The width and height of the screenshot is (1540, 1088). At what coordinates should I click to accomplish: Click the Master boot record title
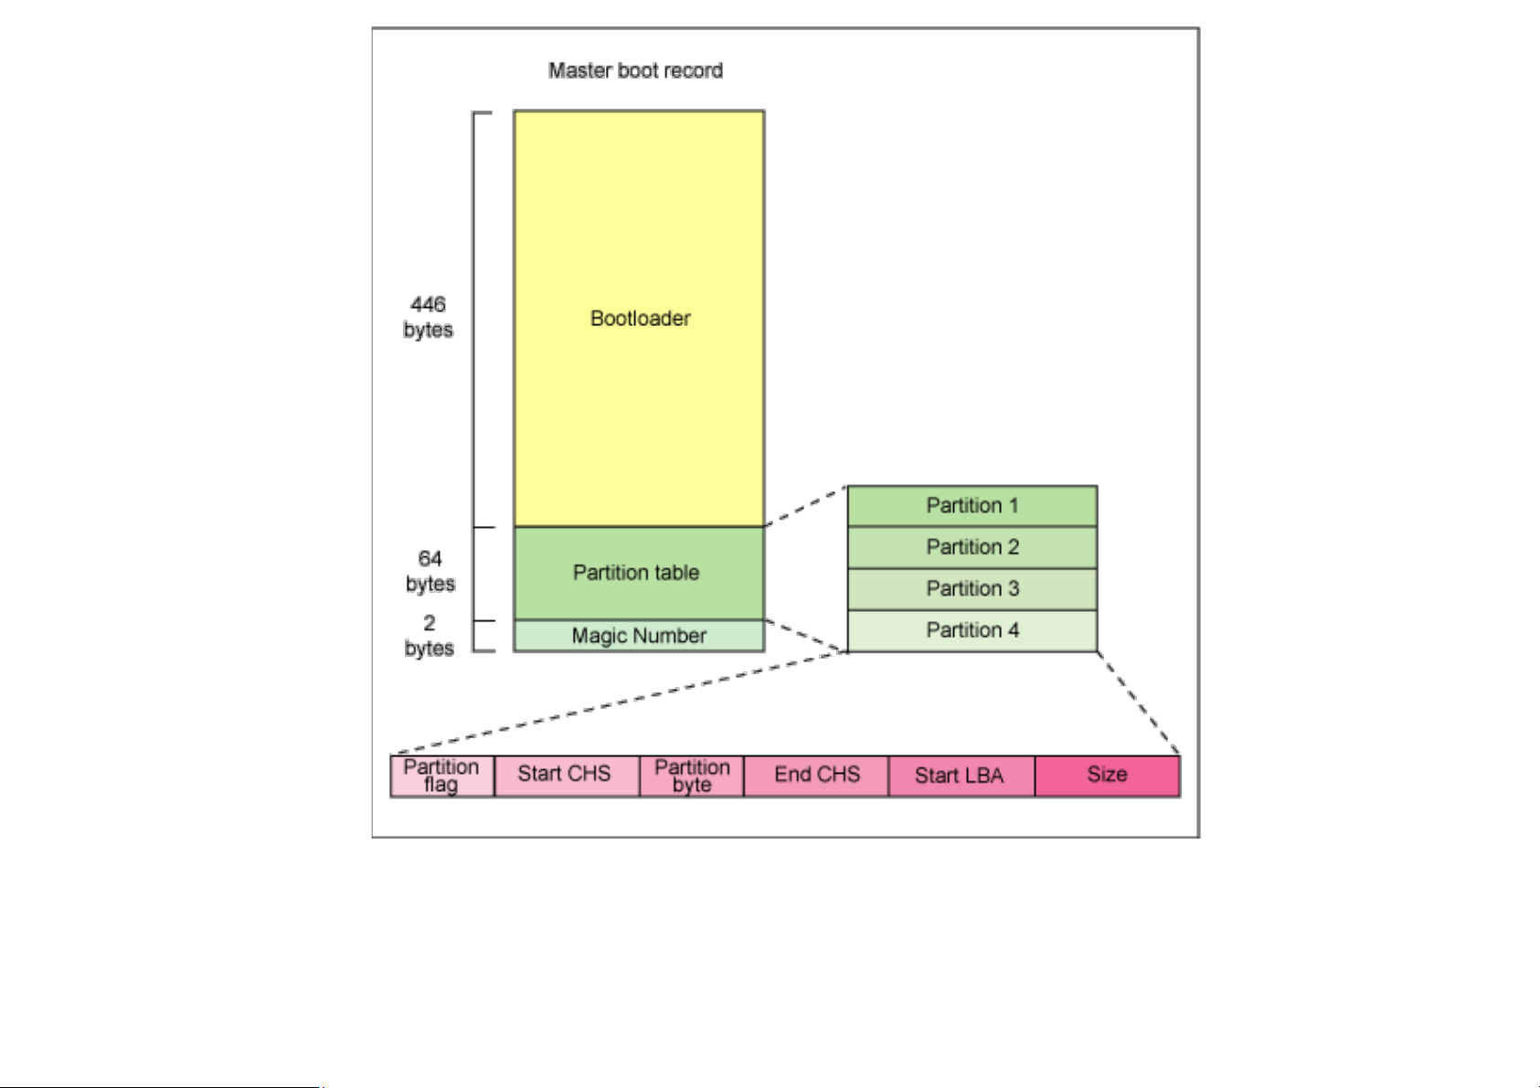click(635, 71)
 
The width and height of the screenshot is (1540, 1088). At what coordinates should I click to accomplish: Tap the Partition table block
click(638, 573)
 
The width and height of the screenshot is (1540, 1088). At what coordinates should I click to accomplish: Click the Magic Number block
click(639, 636)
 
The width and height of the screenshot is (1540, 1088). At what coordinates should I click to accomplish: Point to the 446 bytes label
click(428, 317)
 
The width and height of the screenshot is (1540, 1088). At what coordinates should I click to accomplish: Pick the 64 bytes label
click(430, 571)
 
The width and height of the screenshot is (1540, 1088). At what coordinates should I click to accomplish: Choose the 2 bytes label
click(429, 636)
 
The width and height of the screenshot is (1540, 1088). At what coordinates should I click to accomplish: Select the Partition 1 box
click(972, 506)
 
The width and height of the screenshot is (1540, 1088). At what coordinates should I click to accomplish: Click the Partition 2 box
click(972, 547)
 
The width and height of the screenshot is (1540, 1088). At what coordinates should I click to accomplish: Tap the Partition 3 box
click(972, 589)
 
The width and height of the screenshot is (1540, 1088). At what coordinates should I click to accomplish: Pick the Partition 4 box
click(972, 630)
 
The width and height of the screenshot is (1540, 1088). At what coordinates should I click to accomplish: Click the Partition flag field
click(441, 776)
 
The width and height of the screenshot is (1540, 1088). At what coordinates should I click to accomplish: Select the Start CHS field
click(565, 775)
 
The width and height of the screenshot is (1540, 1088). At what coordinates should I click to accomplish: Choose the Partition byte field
click(692, 776)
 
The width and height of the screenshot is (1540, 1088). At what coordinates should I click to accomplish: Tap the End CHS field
click(816, 775)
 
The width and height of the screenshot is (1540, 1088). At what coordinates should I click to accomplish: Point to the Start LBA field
click(960, 776)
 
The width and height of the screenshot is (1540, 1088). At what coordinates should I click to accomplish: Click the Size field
click(1107, 775)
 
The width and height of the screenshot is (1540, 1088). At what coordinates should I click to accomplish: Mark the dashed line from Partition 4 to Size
click(1139, 703)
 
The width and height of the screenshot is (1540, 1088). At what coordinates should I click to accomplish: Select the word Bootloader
click(640, 319)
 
